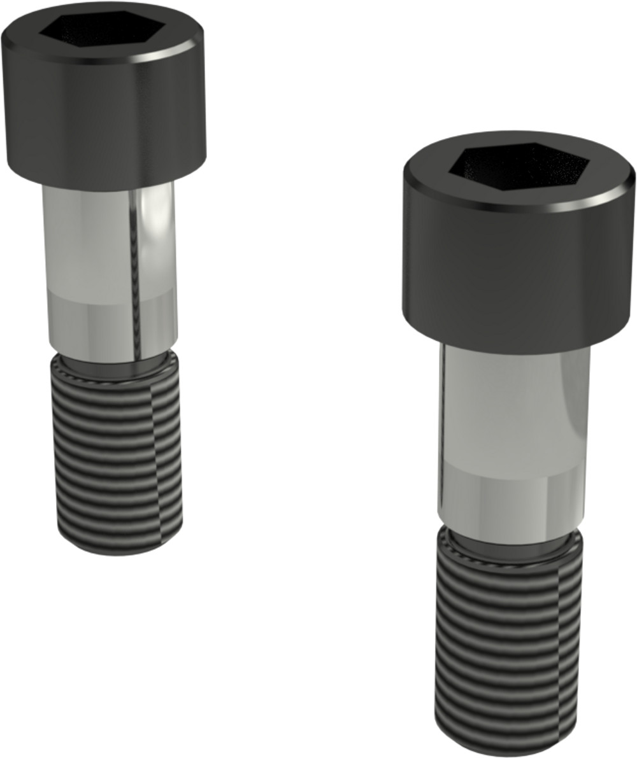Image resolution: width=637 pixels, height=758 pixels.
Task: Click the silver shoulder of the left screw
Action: [89, 255]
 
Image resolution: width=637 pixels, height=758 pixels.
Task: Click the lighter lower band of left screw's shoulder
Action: [96, 325]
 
